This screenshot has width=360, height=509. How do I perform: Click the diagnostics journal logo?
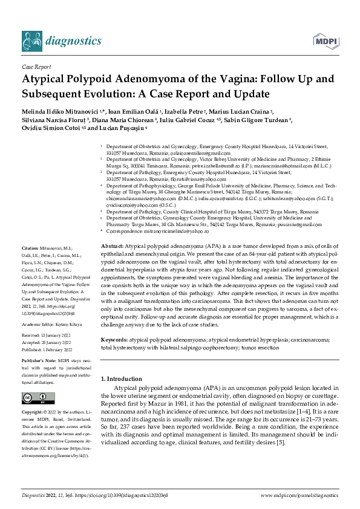pyautogui.click(x=61, y=41)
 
